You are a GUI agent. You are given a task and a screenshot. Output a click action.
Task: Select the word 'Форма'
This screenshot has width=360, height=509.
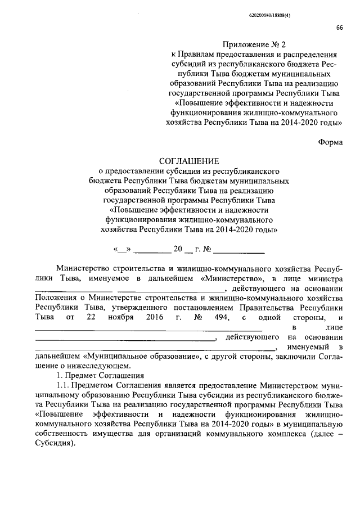330,142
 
